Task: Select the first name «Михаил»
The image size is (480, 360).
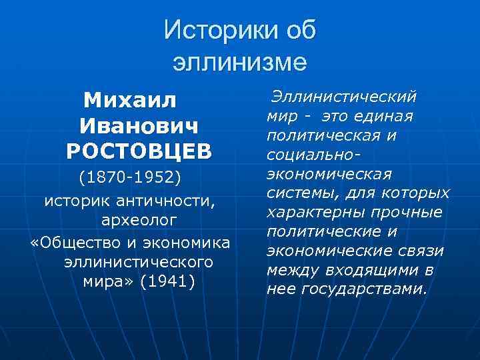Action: tap(131, 101)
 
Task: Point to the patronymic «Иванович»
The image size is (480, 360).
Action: tap(139, 126)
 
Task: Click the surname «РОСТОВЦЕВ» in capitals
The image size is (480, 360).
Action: tap(139, 151)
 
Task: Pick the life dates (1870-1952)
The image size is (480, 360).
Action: tap(130, 178)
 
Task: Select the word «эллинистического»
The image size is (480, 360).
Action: tap(138, 261)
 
